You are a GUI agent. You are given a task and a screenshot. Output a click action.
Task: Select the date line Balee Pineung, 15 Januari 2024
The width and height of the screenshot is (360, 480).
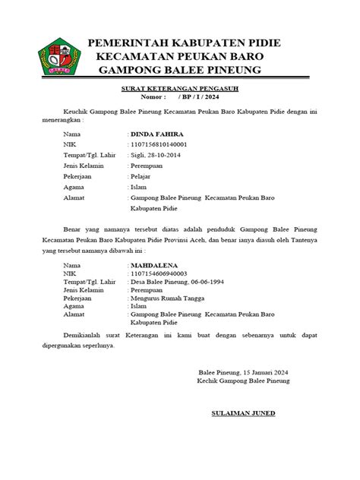(243, 372)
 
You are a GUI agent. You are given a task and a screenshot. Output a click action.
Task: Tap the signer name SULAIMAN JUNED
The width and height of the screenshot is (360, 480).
(243, 414)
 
